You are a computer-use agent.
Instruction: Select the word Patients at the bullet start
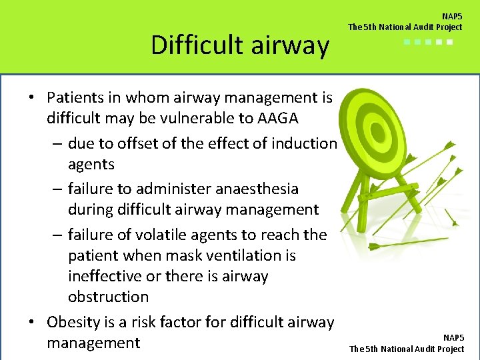pos(75,97)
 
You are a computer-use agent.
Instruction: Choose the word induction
pos(305,143)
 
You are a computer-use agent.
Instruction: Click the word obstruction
pos(108,297)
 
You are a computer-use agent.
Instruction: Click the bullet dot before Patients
pos(31,97)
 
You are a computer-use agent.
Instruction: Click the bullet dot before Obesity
pos(31,323)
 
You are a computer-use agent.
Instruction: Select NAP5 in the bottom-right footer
pos(453,339)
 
